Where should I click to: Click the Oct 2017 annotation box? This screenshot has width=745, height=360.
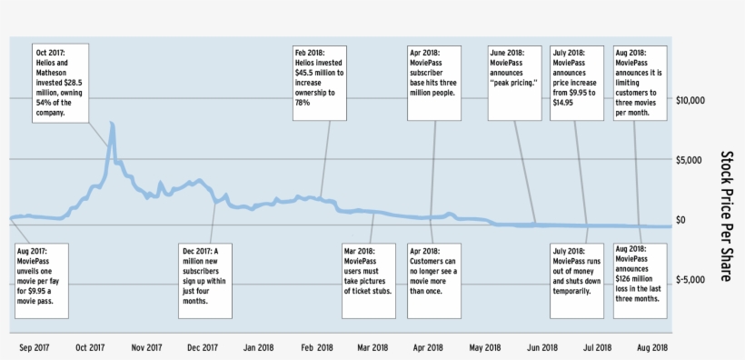click(63, 81)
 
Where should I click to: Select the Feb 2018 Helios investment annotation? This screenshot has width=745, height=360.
click(320, 81)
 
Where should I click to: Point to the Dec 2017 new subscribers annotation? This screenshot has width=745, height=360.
click(205, 277)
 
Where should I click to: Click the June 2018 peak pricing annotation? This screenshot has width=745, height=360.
click(515, 81)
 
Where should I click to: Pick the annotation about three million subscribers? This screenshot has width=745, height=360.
click(433, 81)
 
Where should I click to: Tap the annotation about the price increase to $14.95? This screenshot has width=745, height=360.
click(577, 81)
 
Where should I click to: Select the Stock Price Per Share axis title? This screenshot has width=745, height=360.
click(727, 216)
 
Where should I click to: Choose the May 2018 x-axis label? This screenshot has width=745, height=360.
click(485, 347)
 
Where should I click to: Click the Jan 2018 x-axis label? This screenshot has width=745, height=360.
click(259, 347)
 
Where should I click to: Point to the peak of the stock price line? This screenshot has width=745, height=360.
click(111, 123)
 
